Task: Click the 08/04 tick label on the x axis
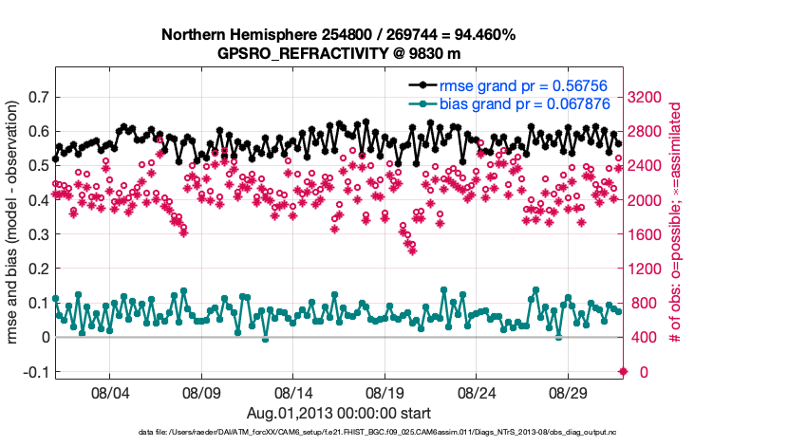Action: click(108, 391)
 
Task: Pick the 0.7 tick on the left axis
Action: click(38, 97)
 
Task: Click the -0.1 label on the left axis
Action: click(35, 372)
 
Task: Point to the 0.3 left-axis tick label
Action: click(38, 234)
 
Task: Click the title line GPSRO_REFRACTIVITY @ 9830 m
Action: click(339, 52)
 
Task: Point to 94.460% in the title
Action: click(483, 35)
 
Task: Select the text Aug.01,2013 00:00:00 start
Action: click(339, 413)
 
